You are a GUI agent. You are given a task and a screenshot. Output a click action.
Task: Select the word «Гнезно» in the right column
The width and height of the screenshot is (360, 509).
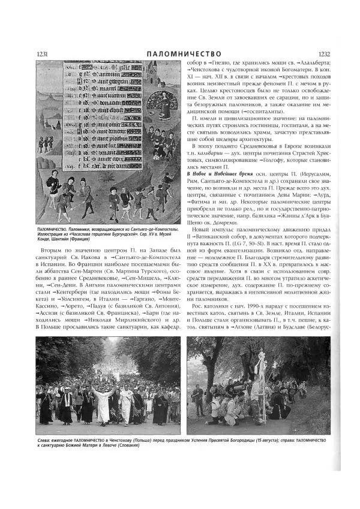[x=229, y=62]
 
